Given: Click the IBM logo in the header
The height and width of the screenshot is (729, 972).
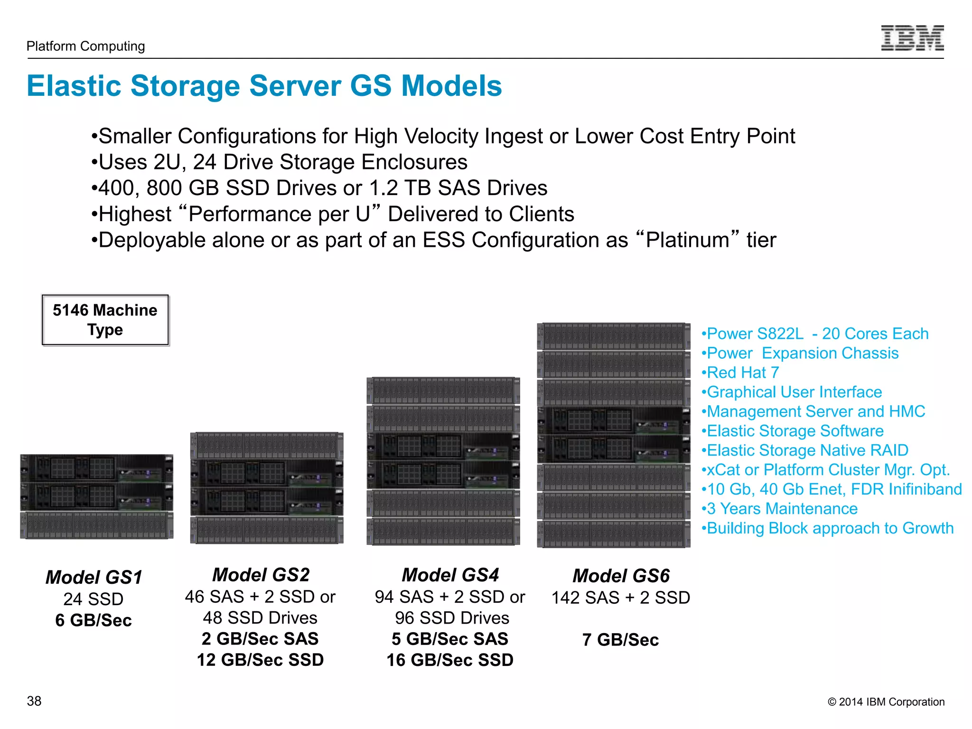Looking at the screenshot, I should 912,38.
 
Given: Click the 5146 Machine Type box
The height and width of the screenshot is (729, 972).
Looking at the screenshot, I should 105,320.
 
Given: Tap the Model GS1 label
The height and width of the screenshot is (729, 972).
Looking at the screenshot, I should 94,577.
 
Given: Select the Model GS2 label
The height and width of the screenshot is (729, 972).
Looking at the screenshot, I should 261,575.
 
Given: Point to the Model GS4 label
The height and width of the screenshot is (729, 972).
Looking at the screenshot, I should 450,575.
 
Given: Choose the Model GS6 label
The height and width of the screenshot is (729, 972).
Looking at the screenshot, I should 621,576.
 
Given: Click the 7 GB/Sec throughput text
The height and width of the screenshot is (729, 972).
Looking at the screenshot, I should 620,640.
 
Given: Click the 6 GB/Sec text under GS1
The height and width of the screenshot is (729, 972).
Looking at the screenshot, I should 93,620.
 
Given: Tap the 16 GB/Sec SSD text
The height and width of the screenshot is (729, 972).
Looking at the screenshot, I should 450,660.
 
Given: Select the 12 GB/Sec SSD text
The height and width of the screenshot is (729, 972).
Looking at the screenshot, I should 261,660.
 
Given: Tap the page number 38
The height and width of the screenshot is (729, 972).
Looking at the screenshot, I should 34,701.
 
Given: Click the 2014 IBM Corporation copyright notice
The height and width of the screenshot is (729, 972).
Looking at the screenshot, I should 886,702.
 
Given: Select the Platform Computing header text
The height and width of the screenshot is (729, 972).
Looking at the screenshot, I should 85,46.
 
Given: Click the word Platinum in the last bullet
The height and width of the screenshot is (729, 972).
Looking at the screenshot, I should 687,240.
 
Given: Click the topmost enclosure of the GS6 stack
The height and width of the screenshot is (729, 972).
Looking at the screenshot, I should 614,336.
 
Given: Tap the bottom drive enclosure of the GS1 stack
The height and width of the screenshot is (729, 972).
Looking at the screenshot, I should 97,525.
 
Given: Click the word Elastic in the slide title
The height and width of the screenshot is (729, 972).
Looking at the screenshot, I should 74,86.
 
